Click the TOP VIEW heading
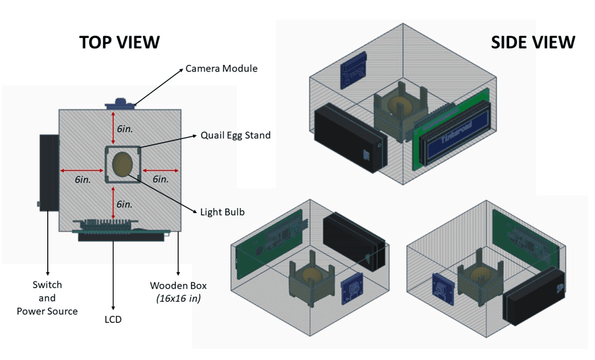(x=119, y=42)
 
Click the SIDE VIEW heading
(x=533, y=43)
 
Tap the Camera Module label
(x=221, y=68)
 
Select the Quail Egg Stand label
(x=236, y=135)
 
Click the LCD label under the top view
(x=113, y=319)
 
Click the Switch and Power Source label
(x=47, y=298)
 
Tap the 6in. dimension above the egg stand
(x=125, y=129)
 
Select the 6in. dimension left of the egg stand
(x=83, y=179)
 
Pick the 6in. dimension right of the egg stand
(x=161, y=179)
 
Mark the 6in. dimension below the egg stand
(x=125, y=204)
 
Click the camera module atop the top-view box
(x=121, y=103)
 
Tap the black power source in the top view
(x=49, y=170)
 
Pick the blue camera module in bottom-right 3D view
(x=441, y=291)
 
